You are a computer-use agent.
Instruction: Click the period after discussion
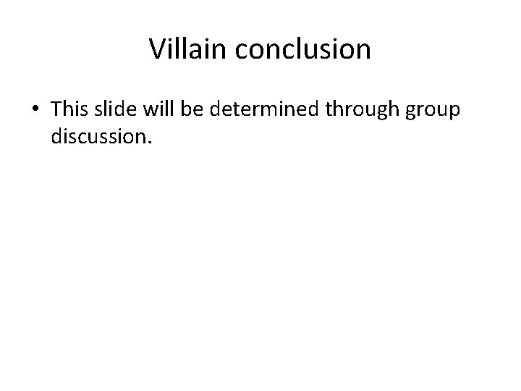click(x=150, y=142)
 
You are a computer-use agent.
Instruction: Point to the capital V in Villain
click(x=157, y=49)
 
